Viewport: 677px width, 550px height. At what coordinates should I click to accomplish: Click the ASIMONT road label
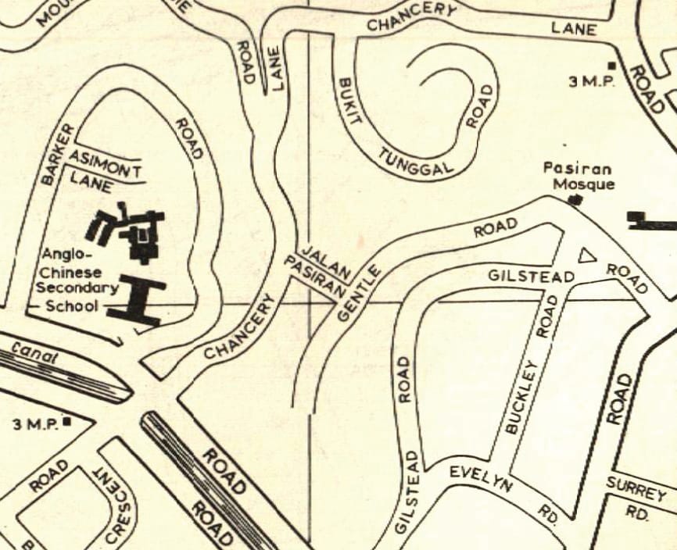[105, 164]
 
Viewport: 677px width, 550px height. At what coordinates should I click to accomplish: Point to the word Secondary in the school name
[77, 288]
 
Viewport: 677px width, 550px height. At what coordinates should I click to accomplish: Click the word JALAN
[324, 264]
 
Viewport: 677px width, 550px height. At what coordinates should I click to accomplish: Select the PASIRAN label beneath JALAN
[314, 279]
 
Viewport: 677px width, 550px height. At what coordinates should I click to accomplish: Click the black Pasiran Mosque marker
[578, 201]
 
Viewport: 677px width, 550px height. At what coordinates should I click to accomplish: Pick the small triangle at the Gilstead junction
[587, 255]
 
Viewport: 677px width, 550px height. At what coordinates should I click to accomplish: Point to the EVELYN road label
[480, 477]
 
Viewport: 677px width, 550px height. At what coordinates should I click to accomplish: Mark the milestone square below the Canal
[67, 422]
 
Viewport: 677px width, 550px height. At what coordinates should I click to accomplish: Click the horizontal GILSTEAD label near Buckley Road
[531, 277]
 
